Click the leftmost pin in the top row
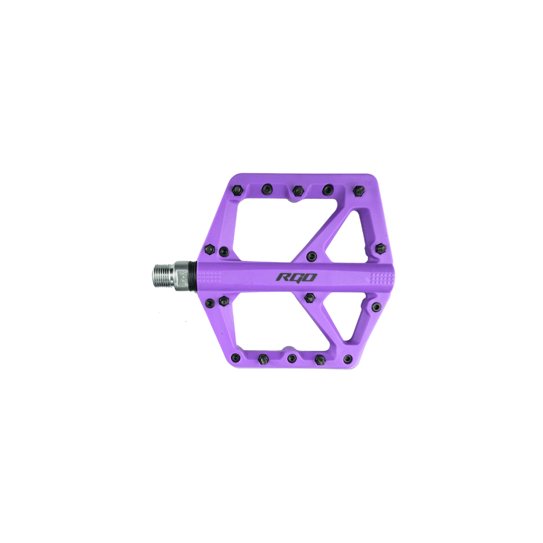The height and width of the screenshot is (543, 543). tap(237, 190)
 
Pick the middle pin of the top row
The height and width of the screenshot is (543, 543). tap(297, 190)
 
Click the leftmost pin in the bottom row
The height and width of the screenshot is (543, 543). tap(235, 357)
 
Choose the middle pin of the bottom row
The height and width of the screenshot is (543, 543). tap(292, 358)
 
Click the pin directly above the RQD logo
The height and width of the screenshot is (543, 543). tap(311, 256)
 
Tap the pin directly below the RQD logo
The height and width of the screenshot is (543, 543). tap(310, 297)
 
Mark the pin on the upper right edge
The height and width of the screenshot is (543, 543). tap(381, 249)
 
